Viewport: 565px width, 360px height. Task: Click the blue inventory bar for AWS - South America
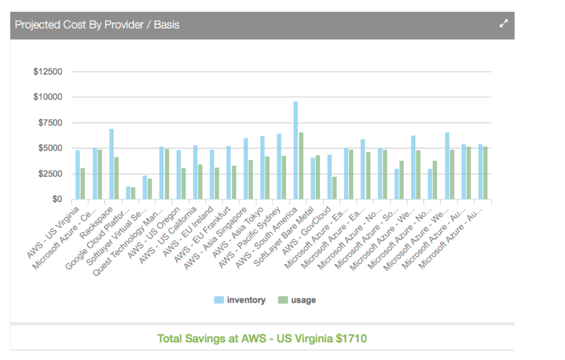point(295,151)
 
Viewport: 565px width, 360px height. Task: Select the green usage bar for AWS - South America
point(301,166)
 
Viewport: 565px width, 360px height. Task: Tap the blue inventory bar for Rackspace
point(111,164)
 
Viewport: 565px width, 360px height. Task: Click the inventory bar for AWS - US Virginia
point(78,175)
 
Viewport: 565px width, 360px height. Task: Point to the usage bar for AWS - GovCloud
point(334,188)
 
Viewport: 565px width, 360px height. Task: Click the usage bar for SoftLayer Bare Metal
point(318,177)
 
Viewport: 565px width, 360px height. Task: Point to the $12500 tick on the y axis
point(48,72)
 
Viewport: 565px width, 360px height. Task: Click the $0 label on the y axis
point(56,199)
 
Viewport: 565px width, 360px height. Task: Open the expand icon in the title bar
point(503,24)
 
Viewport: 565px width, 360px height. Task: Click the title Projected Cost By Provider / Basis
point(97,25)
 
